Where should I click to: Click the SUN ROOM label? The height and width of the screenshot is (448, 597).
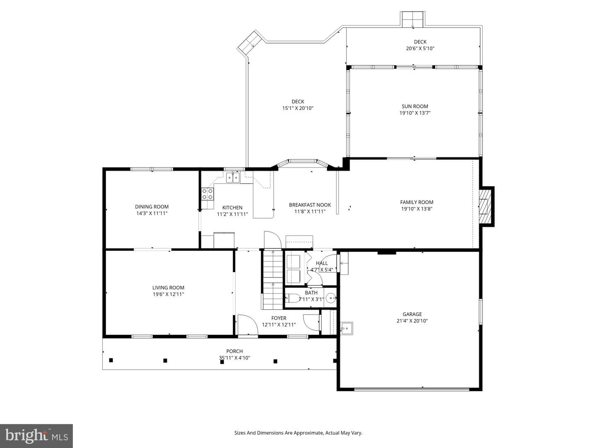415,106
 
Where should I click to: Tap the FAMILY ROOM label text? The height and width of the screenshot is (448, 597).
417,202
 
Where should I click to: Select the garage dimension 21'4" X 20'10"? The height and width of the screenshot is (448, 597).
412,321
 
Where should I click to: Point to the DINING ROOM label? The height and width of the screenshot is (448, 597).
152,207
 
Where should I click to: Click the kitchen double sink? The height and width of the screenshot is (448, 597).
233,178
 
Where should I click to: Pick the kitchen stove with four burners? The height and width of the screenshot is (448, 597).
207,194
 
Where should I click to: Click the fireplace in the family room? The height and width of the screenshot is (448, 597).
485,206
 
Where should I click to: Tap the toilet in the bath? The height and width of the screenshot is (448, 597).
292,298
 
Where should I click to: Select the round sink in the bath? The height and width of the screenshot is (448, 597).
331,298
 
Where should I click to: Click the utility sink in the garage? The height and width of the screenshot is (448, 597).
347,328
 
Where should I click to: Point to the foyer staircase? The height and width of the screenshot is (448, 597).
273,280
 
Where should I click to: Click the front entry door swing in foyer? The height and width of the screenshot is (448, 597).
248,325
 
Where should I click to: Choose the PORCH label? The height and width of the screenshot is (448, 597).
235,351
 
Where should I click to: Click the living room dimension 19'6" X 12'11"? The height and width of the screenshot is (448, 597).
168,294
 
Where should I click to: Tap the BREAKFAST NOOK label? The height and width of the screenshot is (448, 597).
310,205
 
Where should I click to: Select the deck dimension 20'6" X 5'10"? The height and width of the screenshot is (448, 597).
420,49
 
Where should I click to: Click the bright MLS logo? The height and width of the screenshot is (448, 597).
36,436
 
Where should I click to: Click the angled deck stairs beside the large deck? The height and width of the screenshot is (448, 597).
250,42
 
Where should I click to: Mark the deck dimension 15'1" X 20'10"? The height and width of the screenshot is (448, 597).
298,108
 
